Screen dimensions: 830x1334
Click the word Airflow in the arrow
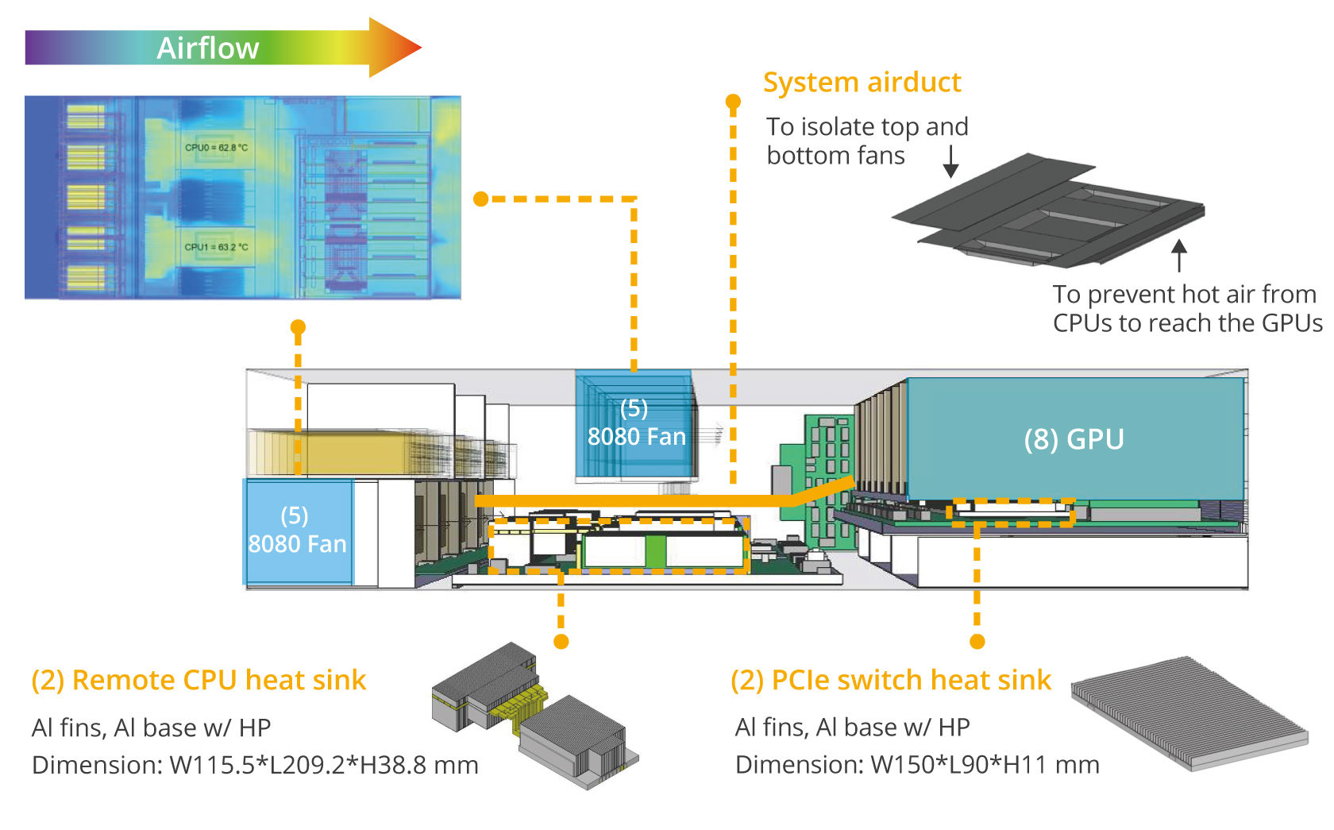pyautogui.click(x=207, y=48)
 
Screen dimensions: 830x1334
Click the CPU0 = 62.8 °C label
pyautogui.click(x=216, y=148)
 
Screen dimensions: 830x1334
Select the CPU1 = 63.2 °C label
pyautogui.click(x=216, y=247)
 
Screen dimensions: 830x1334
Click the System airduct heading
pyautogui.click(x=862, y=83)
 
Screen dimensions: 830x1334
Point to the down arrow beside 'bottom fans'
pyautogui.click(x=950, y=162)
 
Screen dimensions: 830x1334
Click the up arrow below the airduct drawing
pyautogui.click(x=1179, y=255)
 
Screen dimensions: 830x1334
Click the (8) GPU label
pyautogui.click(x=1074, y=439)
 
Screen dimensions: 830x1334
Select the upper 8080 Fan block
pyautogui.click(x=635, y=425)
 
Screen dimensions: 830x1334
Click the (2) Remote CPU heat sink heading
pyautogui.click(x=199, y=681)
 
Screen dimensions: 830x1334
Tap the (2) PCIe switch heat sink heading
pyautogui.click(x=890, y=681)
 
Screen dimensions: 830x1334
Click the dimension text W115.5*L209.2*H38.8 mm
pyautogui.click(x=324, y=765)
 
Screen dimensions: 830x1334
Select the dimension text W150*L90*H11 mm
pyautogui.click(x=985, y=765)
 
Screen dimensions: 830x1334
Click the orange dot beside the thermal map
pyautogui.click(x=480, y=199)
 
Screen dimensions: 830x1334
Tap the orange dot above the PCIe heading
pyautogui.click(x=977, y=641)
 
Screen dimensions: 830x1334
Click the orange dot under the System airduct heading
pyautogui.click(x=733, y=102)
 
